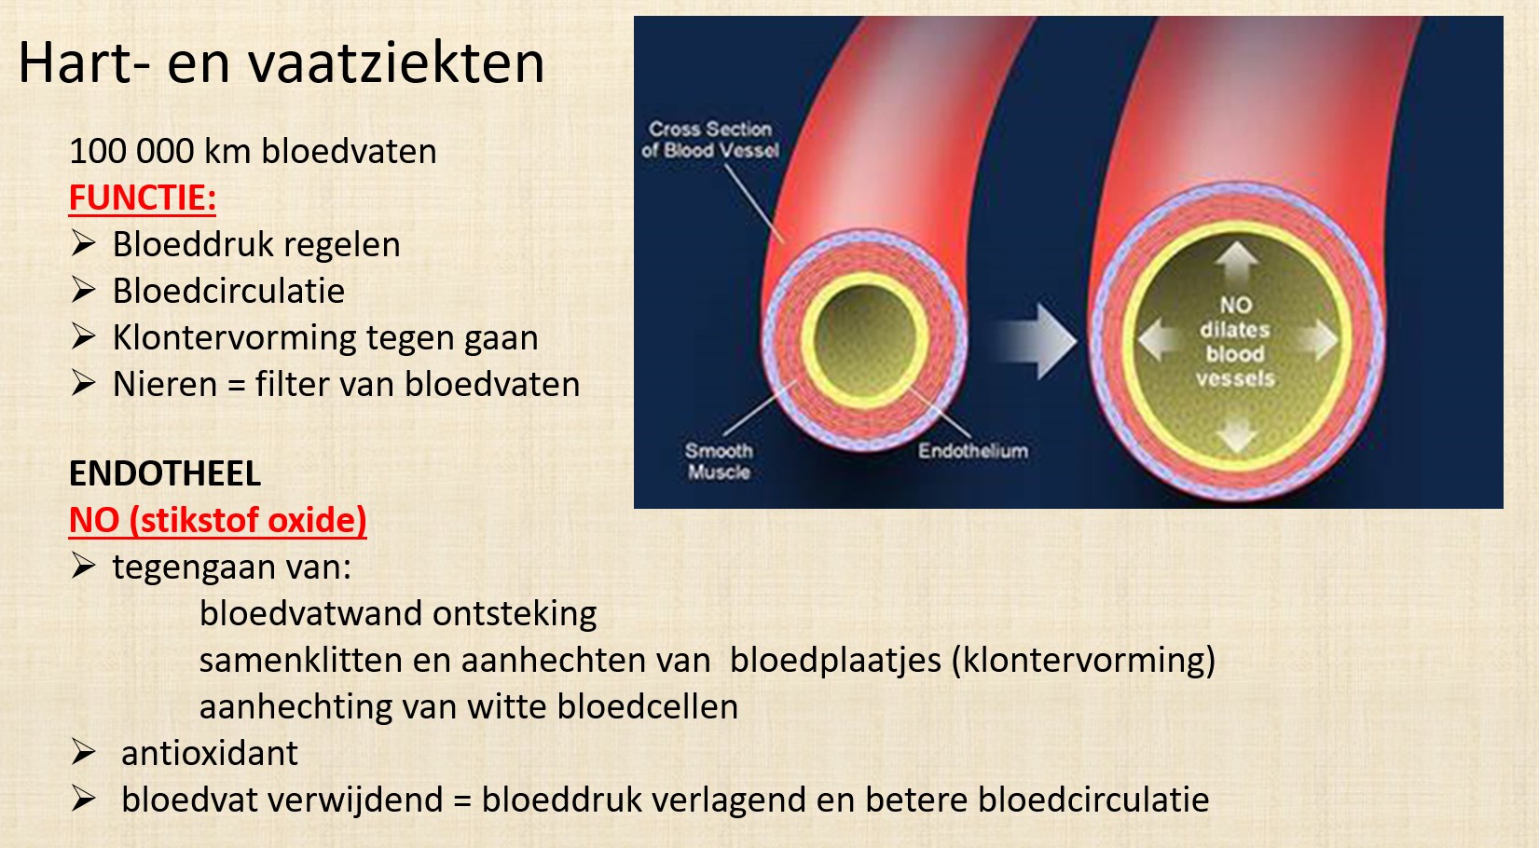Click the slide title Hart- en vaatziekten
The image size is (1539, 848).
click(281, 62)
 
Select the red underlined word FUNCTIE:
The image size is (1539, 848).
click(143, 198)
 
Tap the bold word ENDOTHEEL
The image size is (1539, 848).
click(165, 473)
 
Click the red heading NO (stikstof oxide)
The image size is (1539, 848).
click(218, 521)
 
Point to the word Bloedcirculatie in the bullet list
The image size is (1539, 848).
click(228, 291)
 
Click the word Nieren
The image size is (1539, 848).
click(165, 384)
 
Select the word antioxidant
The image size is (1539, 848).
click(210, 753)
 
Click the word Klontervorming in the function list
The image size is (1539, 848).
click(234, 338)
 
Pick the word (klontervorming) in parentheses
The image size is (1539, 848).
click(1083, 661)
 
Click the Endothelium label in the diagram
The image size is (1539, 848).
click(973, 451)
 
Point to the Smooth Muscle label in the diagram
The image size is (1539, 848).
click(719, 461)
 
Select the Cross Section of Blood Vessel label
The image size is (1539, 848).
click(710, 140)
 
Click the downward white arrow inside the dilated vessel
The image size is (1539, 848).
click(1236, 435)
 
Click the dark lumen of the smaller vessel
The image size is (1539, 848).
click(865, 339)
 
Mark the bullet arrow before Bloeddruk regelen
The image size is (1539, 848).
click(83, 244)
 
